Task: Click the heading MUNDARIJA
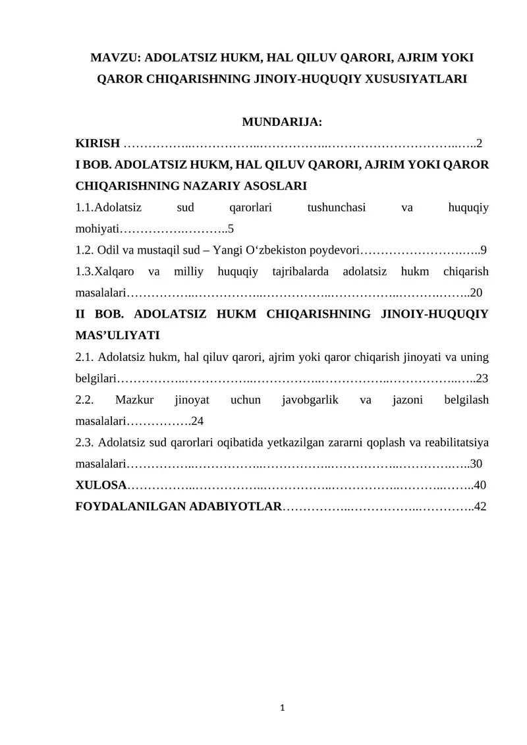282,122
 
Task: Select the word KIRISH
98,143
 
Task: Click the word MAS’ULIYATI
118,335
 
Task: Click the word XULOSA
101,485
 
